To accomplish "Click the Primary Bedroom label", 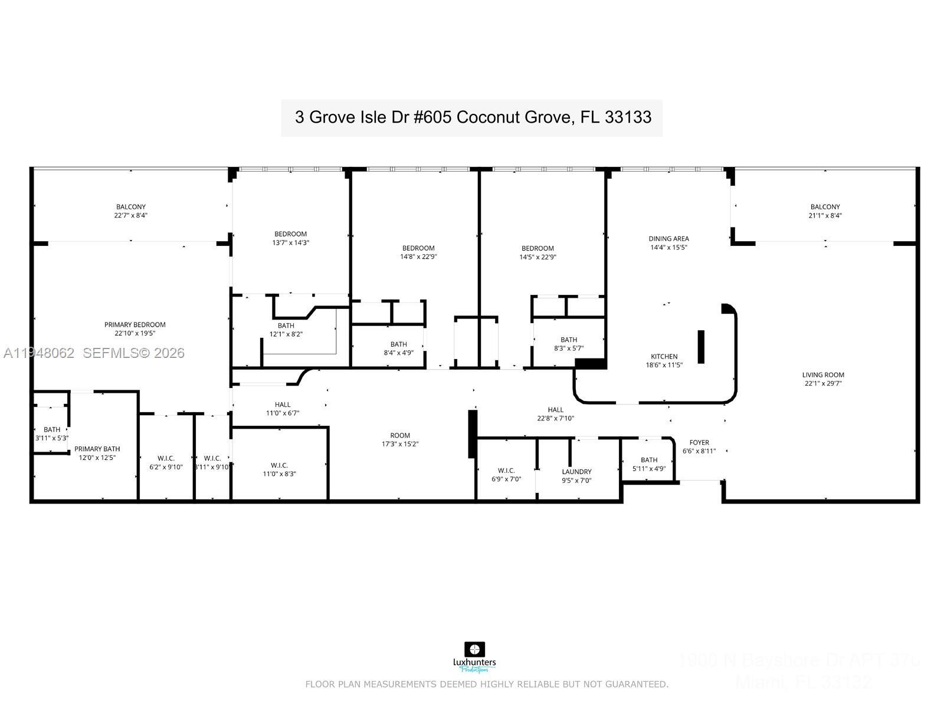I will pos(135,324).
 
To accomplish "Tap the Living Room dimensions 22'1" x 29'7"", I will pos(822,383).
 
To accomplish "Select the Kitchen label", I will pos(664,356).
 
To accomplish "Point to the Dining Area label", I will pos(668,239).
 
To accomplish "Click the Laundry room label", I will pos(576,472).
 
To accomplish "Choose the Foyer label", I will pos(699,442).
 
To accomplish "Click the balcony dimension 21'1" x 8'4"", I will pos(825,215).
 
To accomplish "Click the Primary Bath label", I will pos(97,449).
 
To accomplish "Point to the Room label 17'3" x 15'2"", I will pos(399,440).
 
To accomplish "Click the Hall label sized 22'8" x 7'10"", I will pos(555,414).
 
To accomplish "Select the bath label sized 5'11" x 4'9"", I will pos(649,464).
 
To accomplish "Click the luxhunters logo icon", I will pos(474,649).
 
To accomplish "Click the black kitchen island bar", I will pos(701,346).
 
